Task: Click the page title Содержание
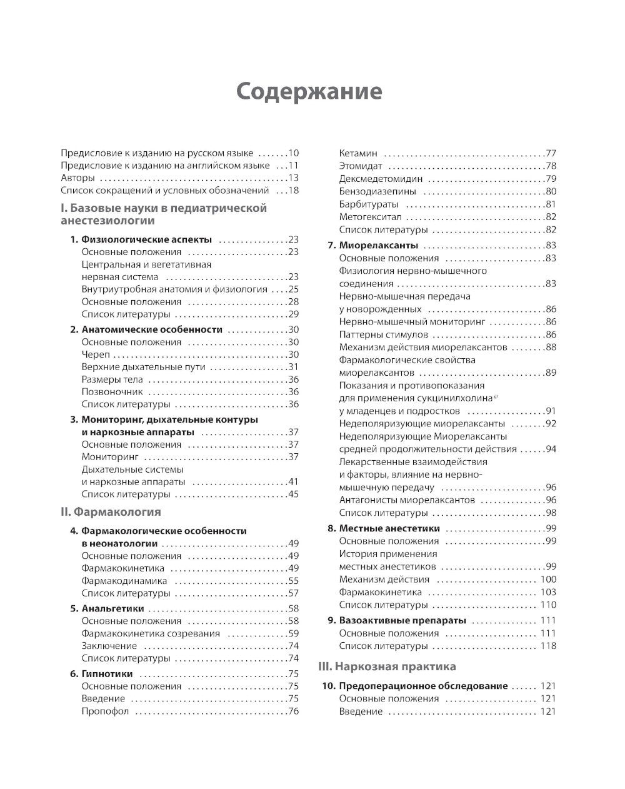point(309,91)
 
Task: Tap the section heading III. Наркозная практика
point(387,666)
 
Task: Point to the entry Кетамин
point(358,153)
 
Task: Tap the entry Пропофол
point(105,711)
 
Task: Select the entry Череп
point(96,354)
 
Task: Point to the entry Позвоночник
point(112,392)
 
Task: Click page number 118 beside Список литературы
point(547,646)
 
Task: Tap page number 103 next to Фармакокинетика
point(547,592)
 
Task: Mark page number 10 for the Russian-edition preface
point(293,153)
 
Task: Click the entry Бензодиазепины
point(377,191)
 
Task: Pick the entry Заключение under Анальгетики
point(109,646)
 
